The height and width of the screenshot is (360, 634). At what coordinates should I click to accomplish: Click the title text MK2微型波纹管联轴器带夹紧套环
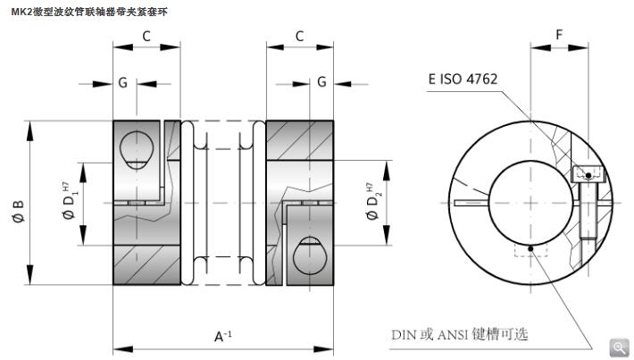pyautogui.click(x=83, y=12)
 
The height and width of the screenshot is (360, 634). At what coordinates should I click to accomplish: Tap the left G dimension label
pyautogui.click(x=122, y=82)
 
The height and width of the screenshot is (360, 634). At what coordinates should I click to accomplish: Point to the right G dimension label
pyautogui.click(x=321, y=82)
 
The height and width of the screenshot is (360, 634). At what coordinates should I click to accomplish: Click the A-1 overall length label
pyautogui.click(x=222, y=336)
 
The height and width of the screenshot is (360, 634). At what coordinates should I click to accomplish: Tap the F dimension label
pyautogui.click(x=558, y=35)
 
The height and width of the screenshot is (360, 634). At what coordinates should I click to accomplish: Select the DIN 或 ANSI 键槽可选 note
pyautogui.click(x=460, y=335)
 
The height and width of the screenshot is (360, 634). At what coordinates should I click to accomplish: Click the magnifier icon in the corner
pyautogui.click(x=619, y=347)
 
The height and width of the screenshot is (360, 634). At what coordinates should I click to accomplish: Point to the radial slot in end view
pyautogui.click(x=471, y=203)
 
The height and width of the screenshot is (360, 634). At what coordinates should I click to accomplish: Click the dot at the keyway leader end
pyautogui.click(x=530, y=248)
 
